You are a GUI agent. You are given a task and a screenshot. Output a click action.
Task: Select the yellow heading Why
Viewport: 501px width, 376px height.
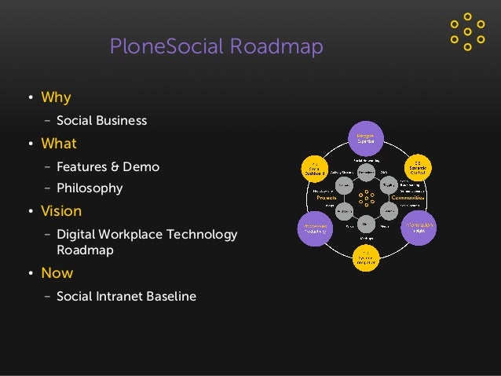56,98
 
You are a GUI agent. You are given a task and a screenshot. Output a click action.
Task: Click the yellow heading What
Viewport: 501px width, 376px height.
59,144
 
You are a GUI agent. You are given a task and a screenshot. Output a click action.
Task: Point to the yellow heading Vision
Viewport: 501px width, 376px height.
61,211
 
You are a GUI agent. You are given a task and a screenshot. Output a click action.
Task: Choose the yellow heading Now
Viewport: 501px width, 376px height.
57,273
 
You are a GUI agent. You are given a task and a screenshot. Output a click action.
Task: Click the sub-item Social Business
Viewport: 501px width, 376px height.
101,121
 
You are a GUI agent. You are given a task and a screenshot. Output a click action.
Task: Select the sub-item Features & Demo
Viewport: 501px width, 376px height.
108,166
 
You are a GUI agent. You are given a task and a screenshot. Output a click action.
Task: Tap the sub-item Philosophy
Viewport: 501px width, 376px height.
90,188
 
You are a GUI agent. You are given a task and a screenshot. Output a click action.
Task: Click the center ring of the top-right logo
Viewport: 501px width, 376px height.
468,31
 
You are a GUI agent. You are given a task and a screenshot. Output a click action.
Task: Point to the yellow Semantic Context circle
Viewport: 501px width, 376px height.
417,168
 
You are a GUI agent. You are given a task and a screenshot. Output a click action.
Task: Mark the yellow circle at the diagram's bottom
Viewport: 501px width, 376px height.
366,258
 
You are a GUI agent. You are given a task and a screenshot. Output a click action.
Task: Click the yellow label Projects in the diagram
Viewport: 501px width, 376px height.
327,198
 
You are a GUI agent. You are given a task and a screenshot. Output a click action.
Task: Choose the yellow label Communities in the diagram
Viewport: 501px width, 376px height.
408,198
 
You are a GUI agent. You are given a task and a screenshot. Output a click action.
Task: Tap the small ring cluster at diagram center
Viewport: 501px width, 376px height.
366,198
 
